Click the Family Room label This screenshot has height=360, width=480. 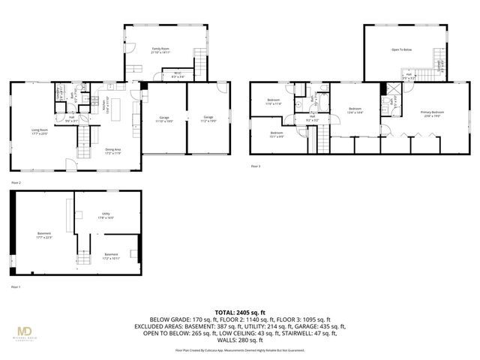161,50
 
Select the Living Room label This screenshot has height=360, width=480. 28,131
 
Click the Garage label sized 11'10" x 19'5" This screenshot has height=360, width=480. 164,118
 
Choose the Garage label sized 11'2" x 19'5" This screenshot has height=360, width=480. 208,118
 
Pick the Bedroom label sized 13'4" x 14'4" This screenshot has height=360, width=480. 355,110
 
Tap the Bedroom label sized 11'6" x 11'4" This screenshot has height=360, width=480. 273,103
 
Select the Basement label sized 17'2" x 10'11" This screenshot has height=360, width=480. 111,256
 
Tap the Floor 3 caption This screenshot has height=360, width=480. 256,166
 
